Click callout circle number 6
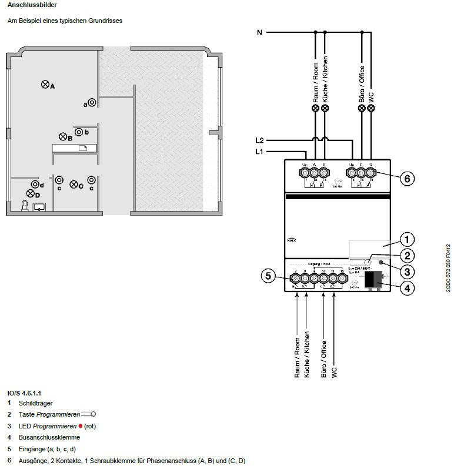(x=406, y=179)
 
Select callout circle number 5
(x=268, y=276)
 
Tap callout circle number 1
(x=406, y=240)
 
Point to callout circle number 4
(x=406, y=289)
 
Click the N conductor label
(x=259, y=32)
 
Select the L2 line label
(x=259, y=140)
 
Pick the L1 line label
(x=259, y=152)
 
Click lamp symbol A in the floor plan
(x=45, y=85)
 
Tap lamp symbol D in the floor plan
(x=30, y=193)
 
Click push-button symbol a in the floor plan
(x=92, y=103)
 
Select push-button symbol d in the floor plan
(x=35, y=185)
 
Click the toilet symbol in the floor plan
(x=25, y=206)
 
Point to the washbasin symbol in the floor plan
(x=40, y=207)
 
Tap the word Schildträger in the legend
(x=36, y=403)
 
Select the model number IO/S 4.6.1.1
(x=24, y=392)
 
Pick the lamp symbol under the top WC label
(x=371, y=109)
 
